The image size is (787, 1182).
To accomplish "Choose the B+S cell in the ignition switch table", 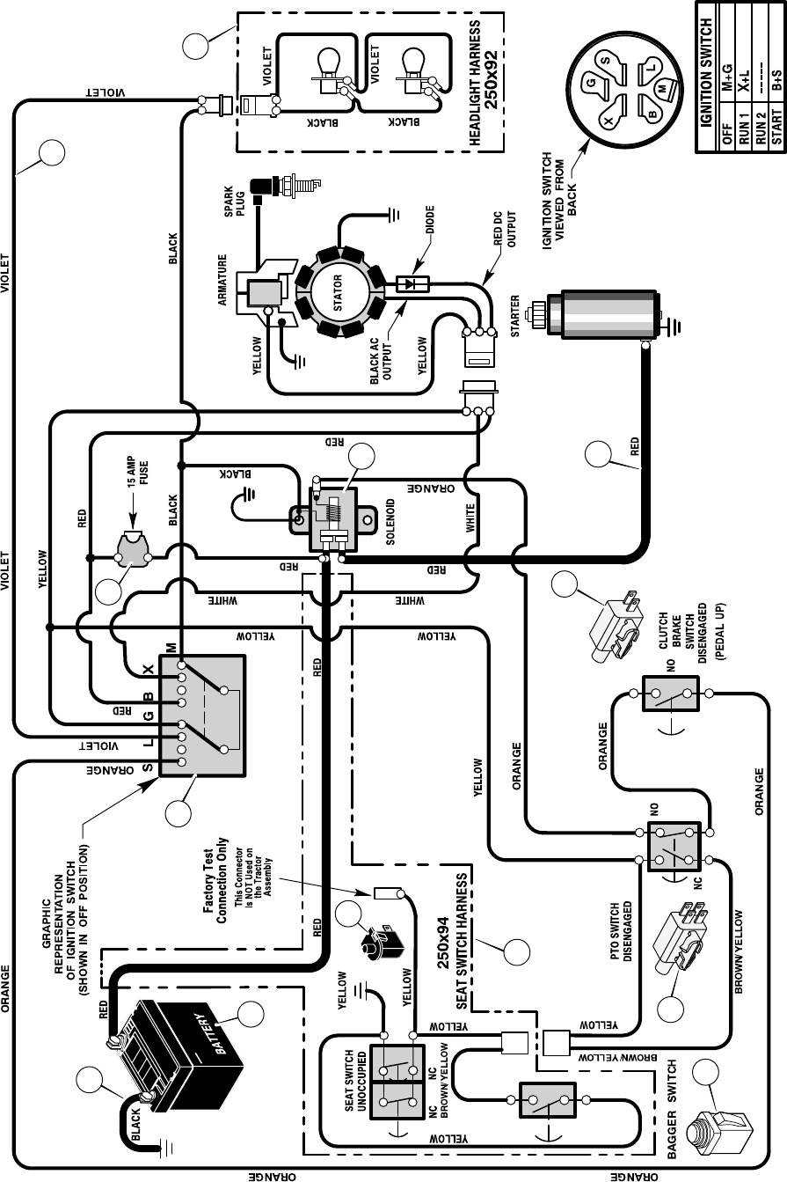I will [x=776, y=84].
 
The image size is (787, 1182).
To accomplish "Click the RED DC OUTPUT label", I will [x=506, y=228].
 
